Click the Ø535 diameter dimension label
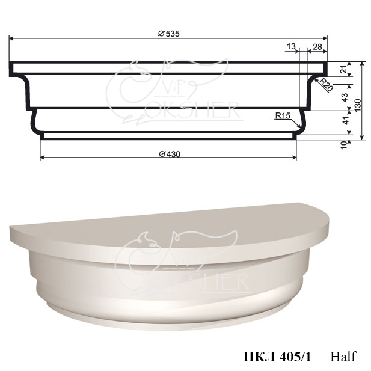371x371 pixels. [x=169, y=34]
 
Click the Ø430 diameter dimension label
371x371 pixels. [x=170, y=155]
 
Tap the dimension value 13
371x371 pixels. [x=291, y=46]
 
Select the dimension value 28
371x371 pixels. [x=317, y=47]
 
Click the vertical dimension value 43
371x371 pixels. [x=346, y=97]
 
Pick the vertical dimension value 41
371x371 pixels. [x=346, y=120]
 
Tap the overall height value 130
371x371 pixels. [x=358, y=105]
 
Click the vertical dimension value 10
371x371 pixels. [x=345, y=144]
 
